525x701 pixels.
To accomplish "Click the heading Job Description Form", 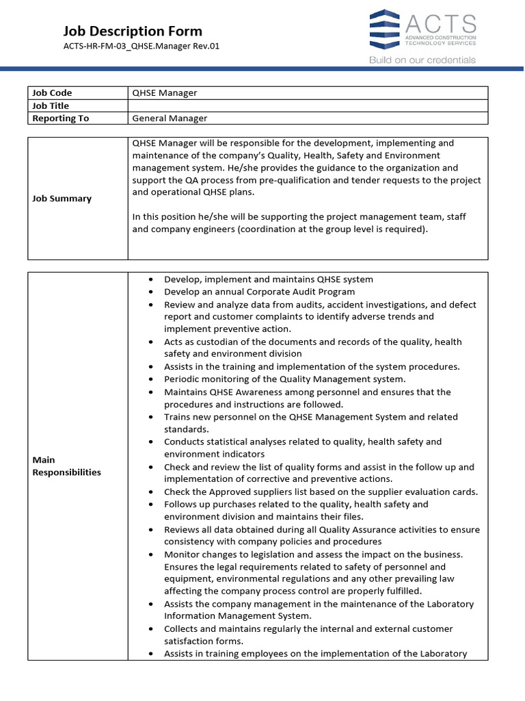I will point(133,31).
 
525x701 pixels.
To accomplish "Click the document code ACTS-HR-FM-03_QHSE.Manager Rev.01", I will point(142,47).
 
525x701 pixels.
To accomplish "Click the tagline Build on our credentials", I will point(422,60).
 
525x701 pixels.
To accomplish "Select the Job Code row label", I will point(52,93).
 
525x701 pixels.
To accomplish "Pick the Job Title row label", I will point(51,105).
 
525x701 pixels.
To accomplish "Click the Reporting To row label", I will point(61,118).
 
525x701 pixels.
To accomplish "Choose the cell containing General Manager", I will point(170,118).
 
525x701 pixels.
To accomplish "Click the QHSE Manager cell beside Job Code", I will point(165,93).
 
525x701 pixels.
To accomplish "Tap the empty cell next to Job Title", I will point(308,105).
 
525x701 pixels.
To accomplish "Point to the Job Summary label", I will point(62,199).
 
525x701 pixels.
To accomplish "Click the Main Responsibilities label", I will point(66,466).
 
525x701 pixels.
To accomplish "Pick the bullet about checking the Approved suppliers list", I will point(321,492).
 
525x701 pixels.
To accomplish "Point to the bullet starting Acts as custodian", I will point(312,342).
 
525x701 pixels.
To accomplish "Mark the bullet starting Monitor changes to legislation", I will point(313,554).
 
